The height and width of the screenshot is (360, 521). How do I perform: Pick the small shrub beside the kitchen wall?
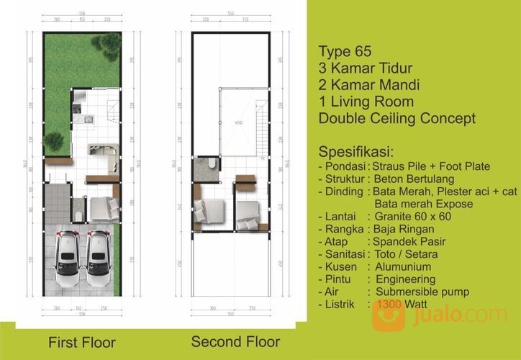click(53, 140)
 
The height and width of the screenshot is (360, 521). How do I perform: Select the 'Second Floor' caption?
click(235, 341)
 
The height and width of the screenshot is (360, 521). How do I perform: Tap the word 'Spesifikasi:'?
click(355, 153)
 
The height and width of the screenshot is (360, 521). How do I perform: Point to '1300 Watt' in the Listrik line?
click(402, 305)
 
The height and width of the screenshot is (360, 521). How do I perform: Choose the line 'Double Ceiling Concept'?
click(397, 118)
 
